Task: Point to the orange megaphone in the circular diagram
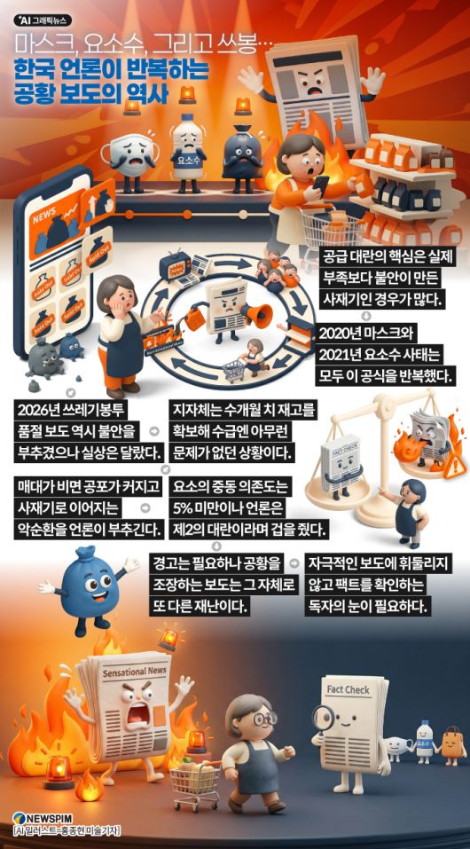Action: point(247,313)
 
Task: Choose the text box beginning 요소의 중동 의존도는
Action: point(249,508)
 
